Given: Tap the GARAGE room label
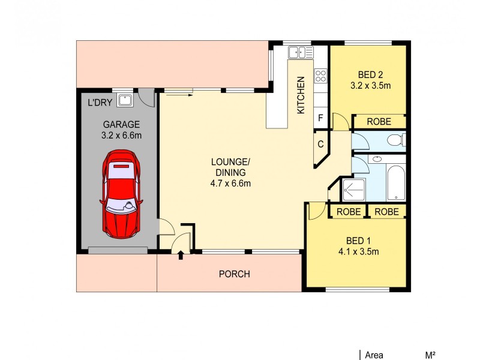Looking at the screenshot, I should pyautogui.click(x=121, y=125).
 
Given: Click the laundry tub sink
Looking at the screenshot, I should pyautogui.click(x=125, y=100).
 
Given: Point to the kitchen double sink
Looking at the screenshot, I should pyautogui.click(x=301, y=53).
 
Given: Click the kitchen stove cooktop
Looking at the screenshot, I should pyautogui.click(x=320, y=76).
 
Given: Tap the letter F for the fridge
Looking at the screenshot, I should pyautogui.click(x=320, y=118).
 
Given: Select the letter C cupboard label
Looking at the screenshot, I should pyautogui.click(x=320, y=144).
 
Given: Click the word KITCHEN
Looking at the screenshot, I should pyautogui.click(x=301, y=95).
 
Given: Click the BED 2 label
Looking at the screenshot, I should pyautogui.click(x=370, y=75).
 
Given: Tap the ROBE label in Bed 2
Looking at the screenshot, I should pyautogui.click(x=379, y=122).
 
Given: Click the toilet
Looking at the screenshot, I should pyautogui.click(x=395, y=141).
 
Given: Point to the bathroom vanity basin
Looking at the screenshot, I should pyautogui.click(x=377, y=160).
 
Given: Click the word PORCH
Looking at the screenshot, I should pyautogui.click(x=234, y=274).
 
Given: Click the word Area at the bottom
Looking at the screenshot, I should pyautogui.click(x=373, y=355).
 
